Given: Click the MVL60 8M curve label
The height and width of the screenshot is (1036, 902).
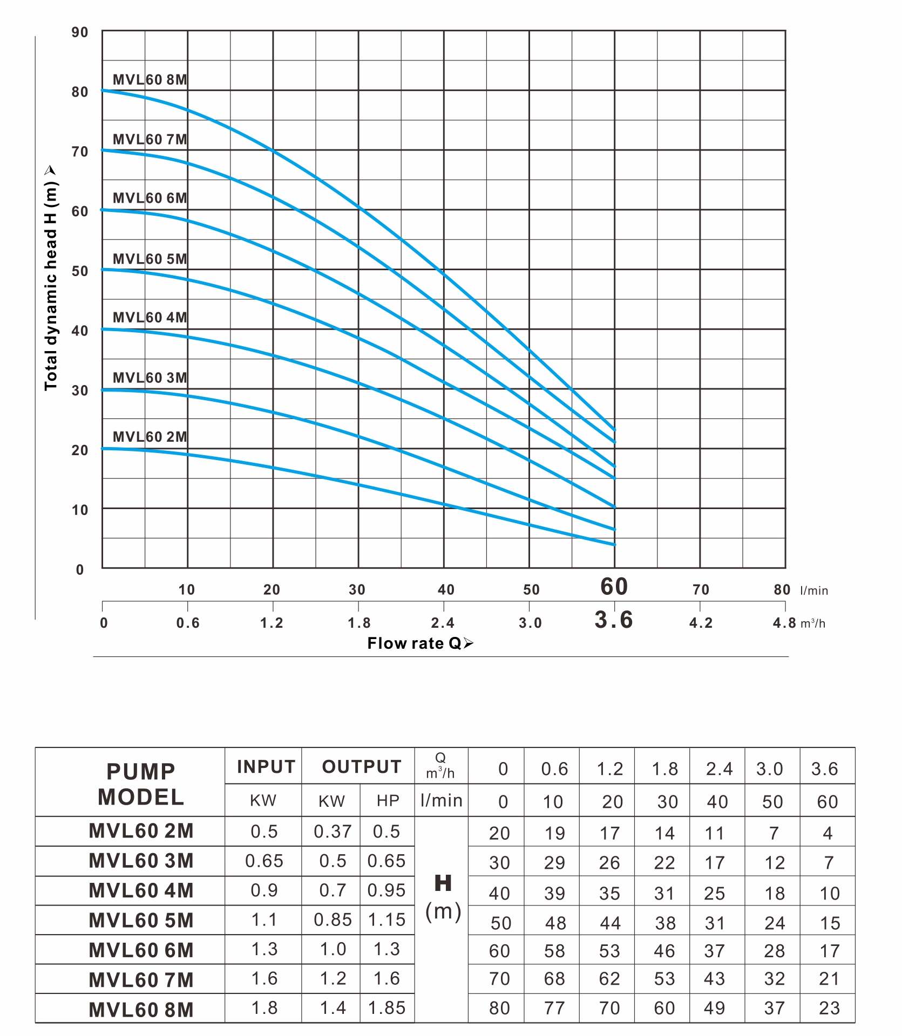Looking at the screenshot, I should [150, 80].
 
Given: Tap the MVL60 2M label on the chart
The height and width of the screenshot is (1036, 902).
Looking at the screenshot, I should [150, 437].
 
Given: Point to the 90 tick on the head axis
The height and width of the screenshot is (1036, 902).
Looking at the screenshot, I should [80, 32].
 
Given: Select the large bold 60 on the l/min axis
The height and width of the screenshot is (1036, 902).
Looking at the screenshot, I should [614, 587].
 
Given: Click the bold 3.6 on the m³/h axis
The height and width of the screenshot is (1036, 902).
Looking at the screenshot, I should [614, 620].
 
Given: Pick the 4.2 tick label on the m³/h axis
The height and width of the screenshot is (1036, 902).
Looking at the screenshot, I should [701, 623].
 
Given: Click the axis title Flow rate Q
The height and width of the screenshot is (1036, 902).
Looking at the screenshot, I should [419, 643].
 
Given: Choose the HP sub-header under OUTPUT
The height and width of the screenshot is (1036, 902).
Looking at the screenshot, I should [388, 801].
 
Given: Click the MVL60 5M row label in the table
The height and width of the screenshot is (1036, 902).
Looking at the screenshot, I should [141, 921].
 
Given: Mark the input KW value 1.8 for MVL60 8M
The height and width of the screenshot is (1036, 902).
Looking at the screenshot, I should [265, 1008].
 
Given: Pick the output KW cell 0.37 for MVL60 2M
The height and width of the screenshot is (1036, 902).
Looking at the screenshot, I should [333, 832].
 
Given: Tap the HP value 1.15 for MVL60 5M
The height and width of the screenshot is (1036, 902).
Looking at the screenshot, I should [386, 920].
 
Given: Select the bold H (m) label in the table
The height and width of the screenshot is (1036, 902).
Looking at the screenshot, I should [443, 898].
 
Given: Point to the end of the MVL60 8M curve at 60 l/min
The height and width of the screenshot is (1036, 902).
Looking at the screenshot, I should [614, 430].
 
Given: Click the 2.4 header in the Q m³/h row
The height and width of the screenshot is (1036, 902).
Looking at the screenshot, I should [719, 769].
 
